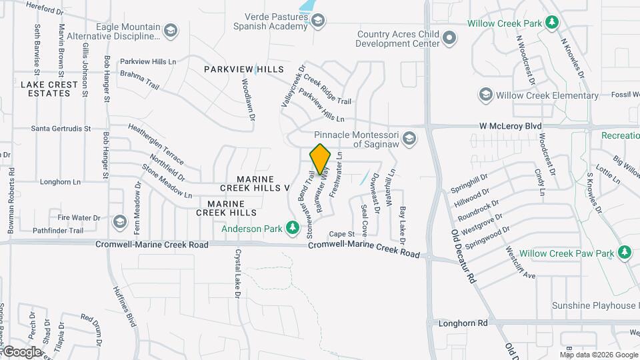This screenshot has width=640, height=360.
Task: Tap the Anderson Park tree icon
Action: pos(292,229)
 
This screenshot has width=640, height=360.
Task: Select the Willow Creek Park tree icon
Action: pos(551,23)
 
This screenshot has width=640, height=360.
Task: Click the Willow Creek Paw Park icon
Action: pos(624,253)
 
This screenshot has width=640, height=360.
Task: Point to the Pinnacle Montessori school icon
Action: pos(409,139)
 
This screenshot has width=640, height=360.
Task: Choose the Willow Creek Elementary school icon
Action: pos(485,95)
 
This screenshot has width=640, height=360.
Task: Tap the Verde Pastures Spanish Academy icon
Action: pos(318,21)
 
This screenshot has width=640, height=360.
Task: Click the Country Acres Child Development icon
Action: pos(450,39)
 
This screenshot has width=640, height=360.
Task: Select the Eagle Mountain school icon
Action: pos(171,30)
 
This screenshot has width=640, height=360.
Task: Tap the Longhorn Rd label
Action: pos(463,323)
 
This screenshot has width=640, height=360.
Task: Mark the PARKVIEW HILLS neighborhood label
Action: pos(243,69)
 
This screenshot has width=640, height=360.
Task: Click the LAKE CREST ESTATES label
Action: pos(45,89)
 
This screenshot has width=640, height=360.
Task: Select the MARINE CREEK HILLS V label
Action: pos(263,183)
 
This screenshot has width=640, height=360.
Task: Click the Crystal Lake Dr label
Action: pos(237,273)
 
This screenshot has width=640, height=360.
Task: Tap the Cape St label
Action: pos(341,234)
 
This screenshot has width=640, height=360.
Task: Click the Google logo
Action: pos(21,351)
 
